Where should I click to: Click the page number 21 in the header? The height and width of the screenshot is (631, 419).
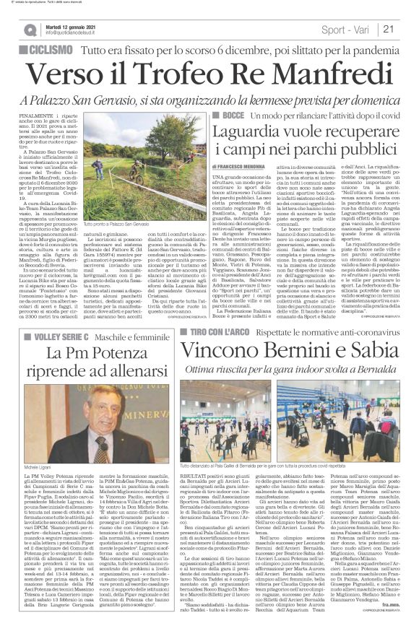point(388,30)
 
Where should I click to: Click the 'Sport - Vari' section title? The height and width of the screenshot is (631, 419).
point(345,30)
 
